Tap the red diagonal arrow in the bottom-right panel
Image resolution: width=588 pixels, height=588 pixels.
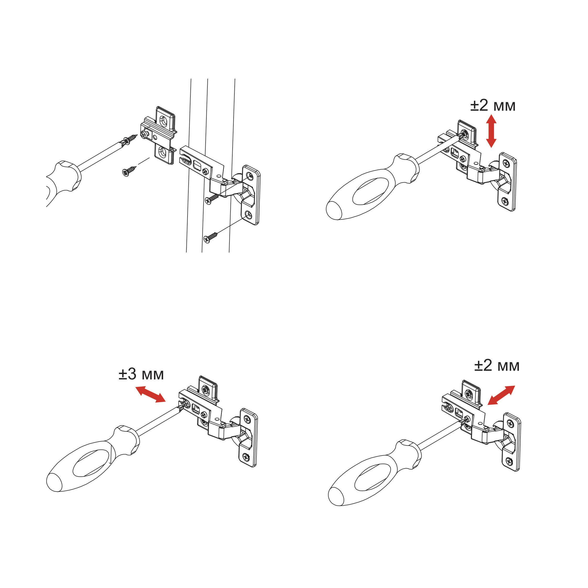pyautogui.click(x=501, y=395)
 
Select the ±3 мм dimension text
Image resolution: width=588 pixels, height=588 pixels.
pyautogui.click(x=141, y=374)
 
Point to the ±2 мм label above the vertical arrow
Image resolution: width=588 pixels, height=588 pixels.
pyautogui.click(x=493, y=106)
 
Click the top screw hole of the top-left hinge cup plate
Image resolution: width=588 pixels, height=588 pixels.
pyautogui.click(x=249, y=175)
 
